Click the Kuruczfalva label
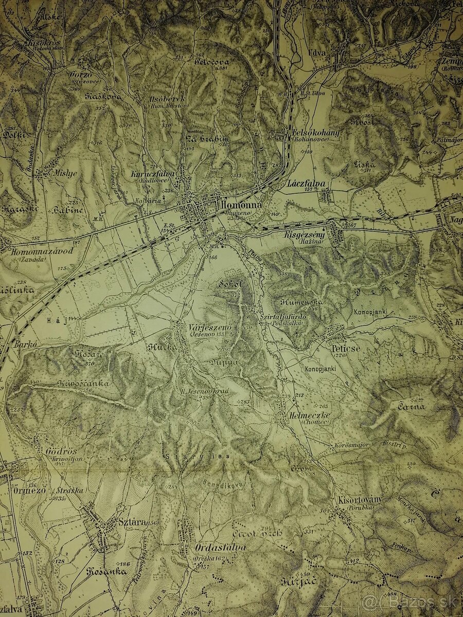coord(154,174)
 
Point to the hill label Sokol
coord(229,283)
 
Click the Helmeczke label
coord(309,415)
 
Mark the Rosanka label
coord(106,572)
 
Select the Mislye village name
coord(64,173)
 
